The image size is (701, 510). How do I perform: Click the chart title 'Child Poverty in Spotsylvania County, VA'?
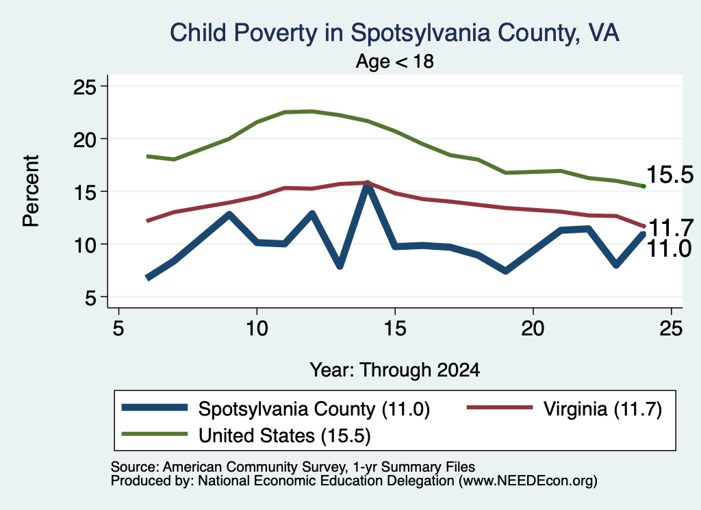(x=394, y=34)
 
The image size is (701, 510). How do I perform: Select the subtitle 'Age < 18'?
(x=395, y=61)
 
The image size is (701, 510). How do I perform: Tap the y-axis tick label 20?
(x=85, y=139)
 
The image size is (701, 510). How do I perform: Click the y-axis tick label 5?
(x=91, y=297)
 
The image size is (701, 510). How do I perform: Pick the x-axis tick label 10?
(x=257, y=329)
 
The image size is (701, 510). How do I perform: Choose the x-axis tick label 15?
(x=395, y=329)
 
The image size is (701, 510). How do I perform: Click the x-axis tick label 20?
(x=533, y=329)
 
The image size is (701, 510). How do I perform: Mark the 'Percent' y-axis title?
(x=31, y=191)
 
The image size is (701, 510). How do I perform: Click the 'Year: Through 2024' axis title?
(x=395, y=370)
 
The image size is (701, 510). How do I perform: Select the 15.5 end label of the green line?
(x=670, y=175)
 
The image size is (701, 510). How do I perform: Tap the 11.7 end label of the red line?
(x=671, y=228)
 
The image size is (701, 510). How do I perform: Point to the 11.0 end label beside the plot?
(x=670, y=248)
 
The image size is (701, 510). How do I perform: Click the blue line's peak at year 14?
(x=368, y=185)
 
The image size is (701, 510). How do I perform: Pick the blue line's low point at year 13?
(x=340, y=266)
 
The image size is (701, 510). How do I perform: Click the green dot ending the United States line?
(x=643, y=186)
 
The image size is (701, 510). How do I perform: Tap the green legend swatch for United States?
(x=154, y=433)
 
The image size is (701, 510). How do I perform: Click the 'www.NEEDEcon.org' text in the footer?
(x=528, y=481)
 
